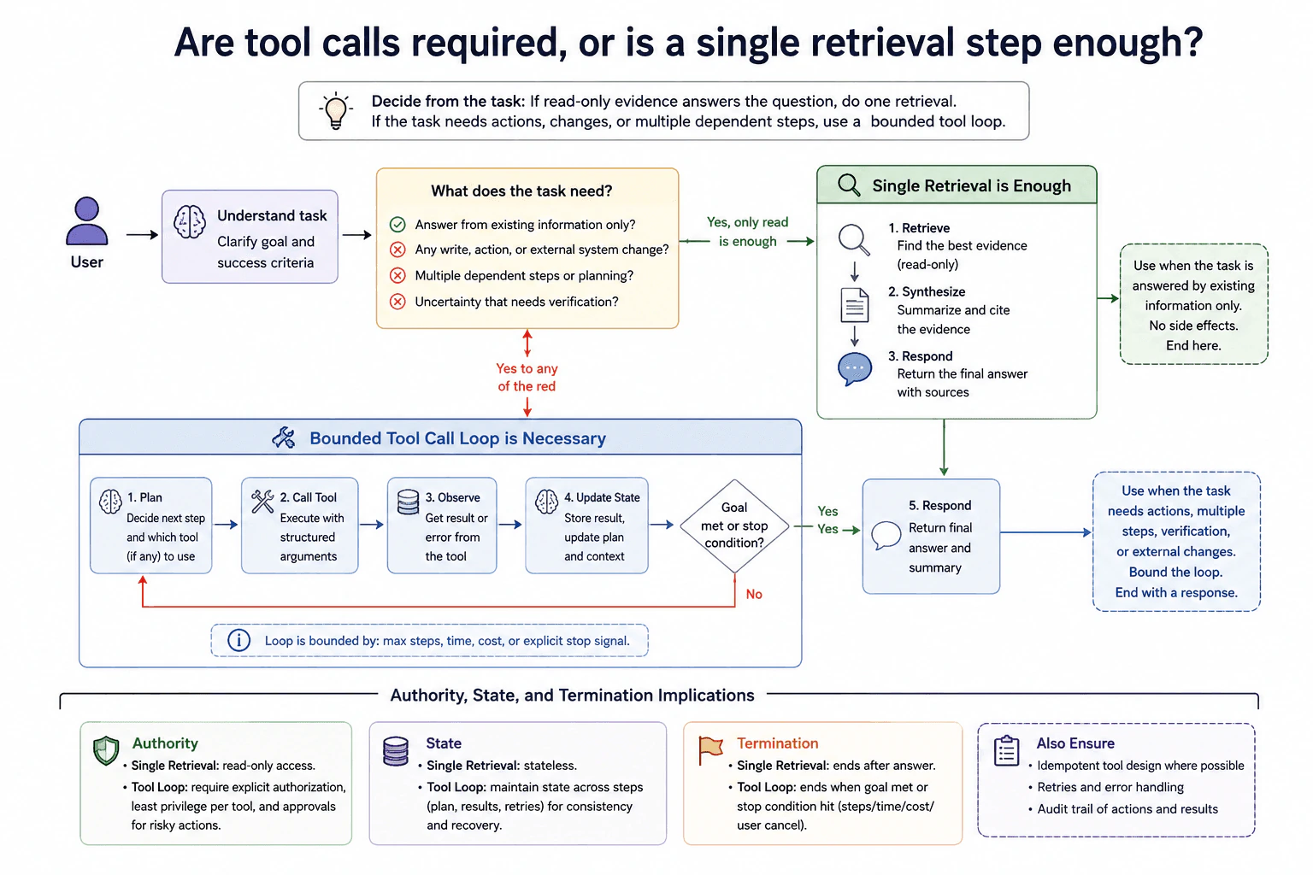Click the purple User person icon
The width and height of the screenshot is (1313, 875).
(x=86, y=220)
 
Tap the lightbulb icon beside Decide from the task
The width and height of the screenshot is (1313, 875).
(x=336, y=110)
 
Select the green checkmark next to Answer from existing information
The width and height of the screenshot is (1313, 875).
(x=397, y=225)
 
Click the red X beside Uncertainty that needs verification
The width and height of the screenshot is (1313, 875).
(x=397, y=302)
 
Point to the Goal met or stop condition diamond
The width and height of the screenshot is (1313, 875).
(x=734, y=526)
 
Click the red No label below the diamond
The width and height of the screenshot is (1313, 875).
(x=754, y=594)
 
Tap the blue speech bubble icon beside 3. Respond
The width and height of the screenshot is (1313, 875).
(x=855, y=369)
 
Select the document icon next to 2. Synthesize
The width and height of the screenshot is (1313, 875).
(x=855, y=305)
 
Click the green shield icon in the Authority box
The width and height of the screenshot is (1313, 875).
(x=106, y=751)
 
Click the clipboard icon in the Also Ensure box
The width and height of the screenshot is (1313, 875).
(x=1006, y=751)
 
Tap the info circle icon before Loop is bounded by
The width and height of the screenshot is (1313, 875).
(x=238, y=640)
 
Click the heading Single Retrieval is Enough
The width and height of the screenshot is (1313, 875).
(x=971, y=185)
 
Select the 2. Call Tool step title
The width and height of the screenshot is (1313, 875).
(x=309, y=497)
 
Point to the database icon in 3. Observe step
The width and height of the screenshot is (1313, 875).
(x=408, y=502)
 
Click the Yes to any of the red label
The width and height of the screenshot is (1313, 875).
(x=527, y=378)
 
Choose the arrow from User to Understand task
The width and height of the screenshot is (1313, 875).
(x=143, y=235)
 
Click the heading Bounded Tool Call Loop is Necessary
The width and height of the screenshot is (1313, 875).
(x=457, y=438)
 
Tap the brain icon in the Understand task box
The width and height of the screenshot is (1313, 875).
(x=189, y=221)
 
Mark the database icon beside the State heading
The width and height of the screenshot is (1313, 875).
(x=396, y=751)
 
